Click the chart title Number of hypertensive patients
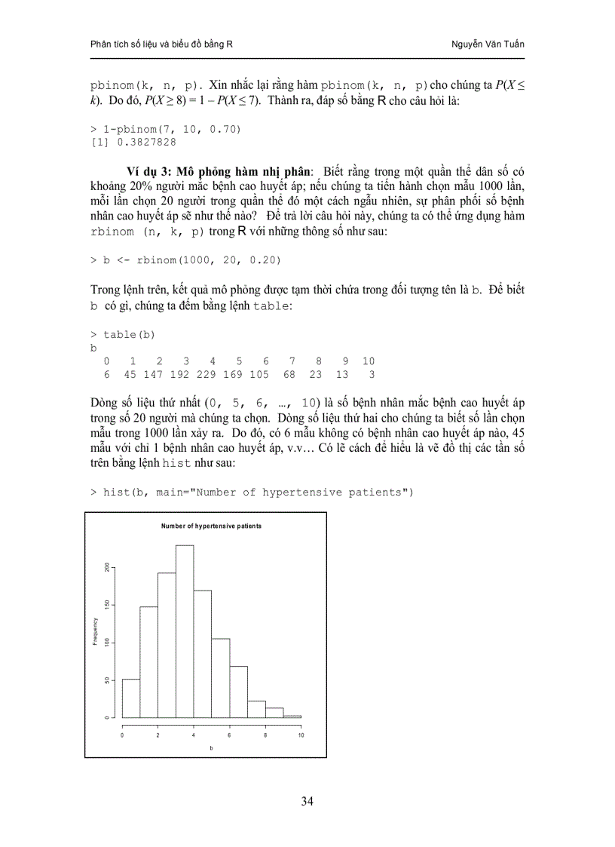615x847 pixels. [212, 526]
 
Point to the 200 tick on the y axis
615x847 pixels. [107, 567]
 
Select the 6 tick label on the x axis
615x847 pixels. [229, 735]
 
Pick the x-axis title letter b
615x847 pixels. [211, 747]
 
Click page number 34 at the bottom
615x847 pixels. [307, 801]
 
